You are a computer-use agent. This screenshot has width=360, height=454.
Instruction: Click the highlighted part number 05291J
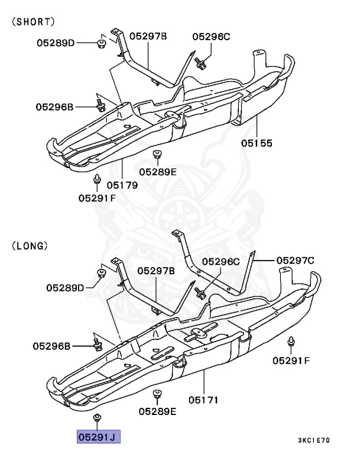click(x=98, y=437)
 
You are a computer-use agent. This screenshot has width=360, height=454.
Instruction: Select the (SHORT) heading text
click(x=33, y=21)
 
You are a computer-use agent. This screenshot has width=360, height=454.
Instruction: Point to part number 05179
click(x=122, y=185)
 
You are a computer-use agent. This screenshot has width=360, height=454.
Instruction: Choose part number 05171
click(x=203, y=400)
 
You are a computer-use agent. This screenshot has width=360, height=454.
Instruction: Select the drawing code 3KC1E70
click(x=314, y=441)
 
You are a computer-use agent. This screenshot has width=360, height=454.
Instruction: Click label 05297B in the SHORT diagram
click(x=148, y=37)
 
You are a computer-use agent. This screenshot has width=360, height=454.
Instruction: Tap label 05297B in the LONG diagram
click(x=156, y=271)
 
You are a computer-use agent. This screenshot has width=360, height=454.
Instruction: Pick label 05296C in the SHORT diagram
click(x=211, y=37)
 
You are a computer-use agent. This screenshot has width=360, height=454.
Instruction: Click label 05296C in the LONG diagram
click(x=220, y=261)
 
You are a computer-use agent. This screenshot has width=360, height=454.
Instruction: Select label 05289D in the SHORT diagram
click(x=56, y=43)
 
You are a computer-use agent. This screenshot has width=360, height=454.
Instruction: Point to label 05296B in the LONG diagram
click(x=51, y=345)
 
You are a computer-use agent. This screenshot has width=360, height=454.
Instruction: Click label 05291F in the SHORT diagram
click(x=97, y=197)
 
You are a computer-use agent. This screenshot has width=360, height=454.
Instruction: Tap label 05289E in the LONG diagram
click(x=158, y=411)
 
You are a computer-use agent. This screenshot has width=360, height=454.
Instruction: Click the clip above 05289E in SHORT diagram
click(x=157, y=155)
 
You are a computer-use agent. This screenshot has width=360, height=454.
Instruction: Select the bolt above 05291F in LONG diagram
click(x=291, y=342)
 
